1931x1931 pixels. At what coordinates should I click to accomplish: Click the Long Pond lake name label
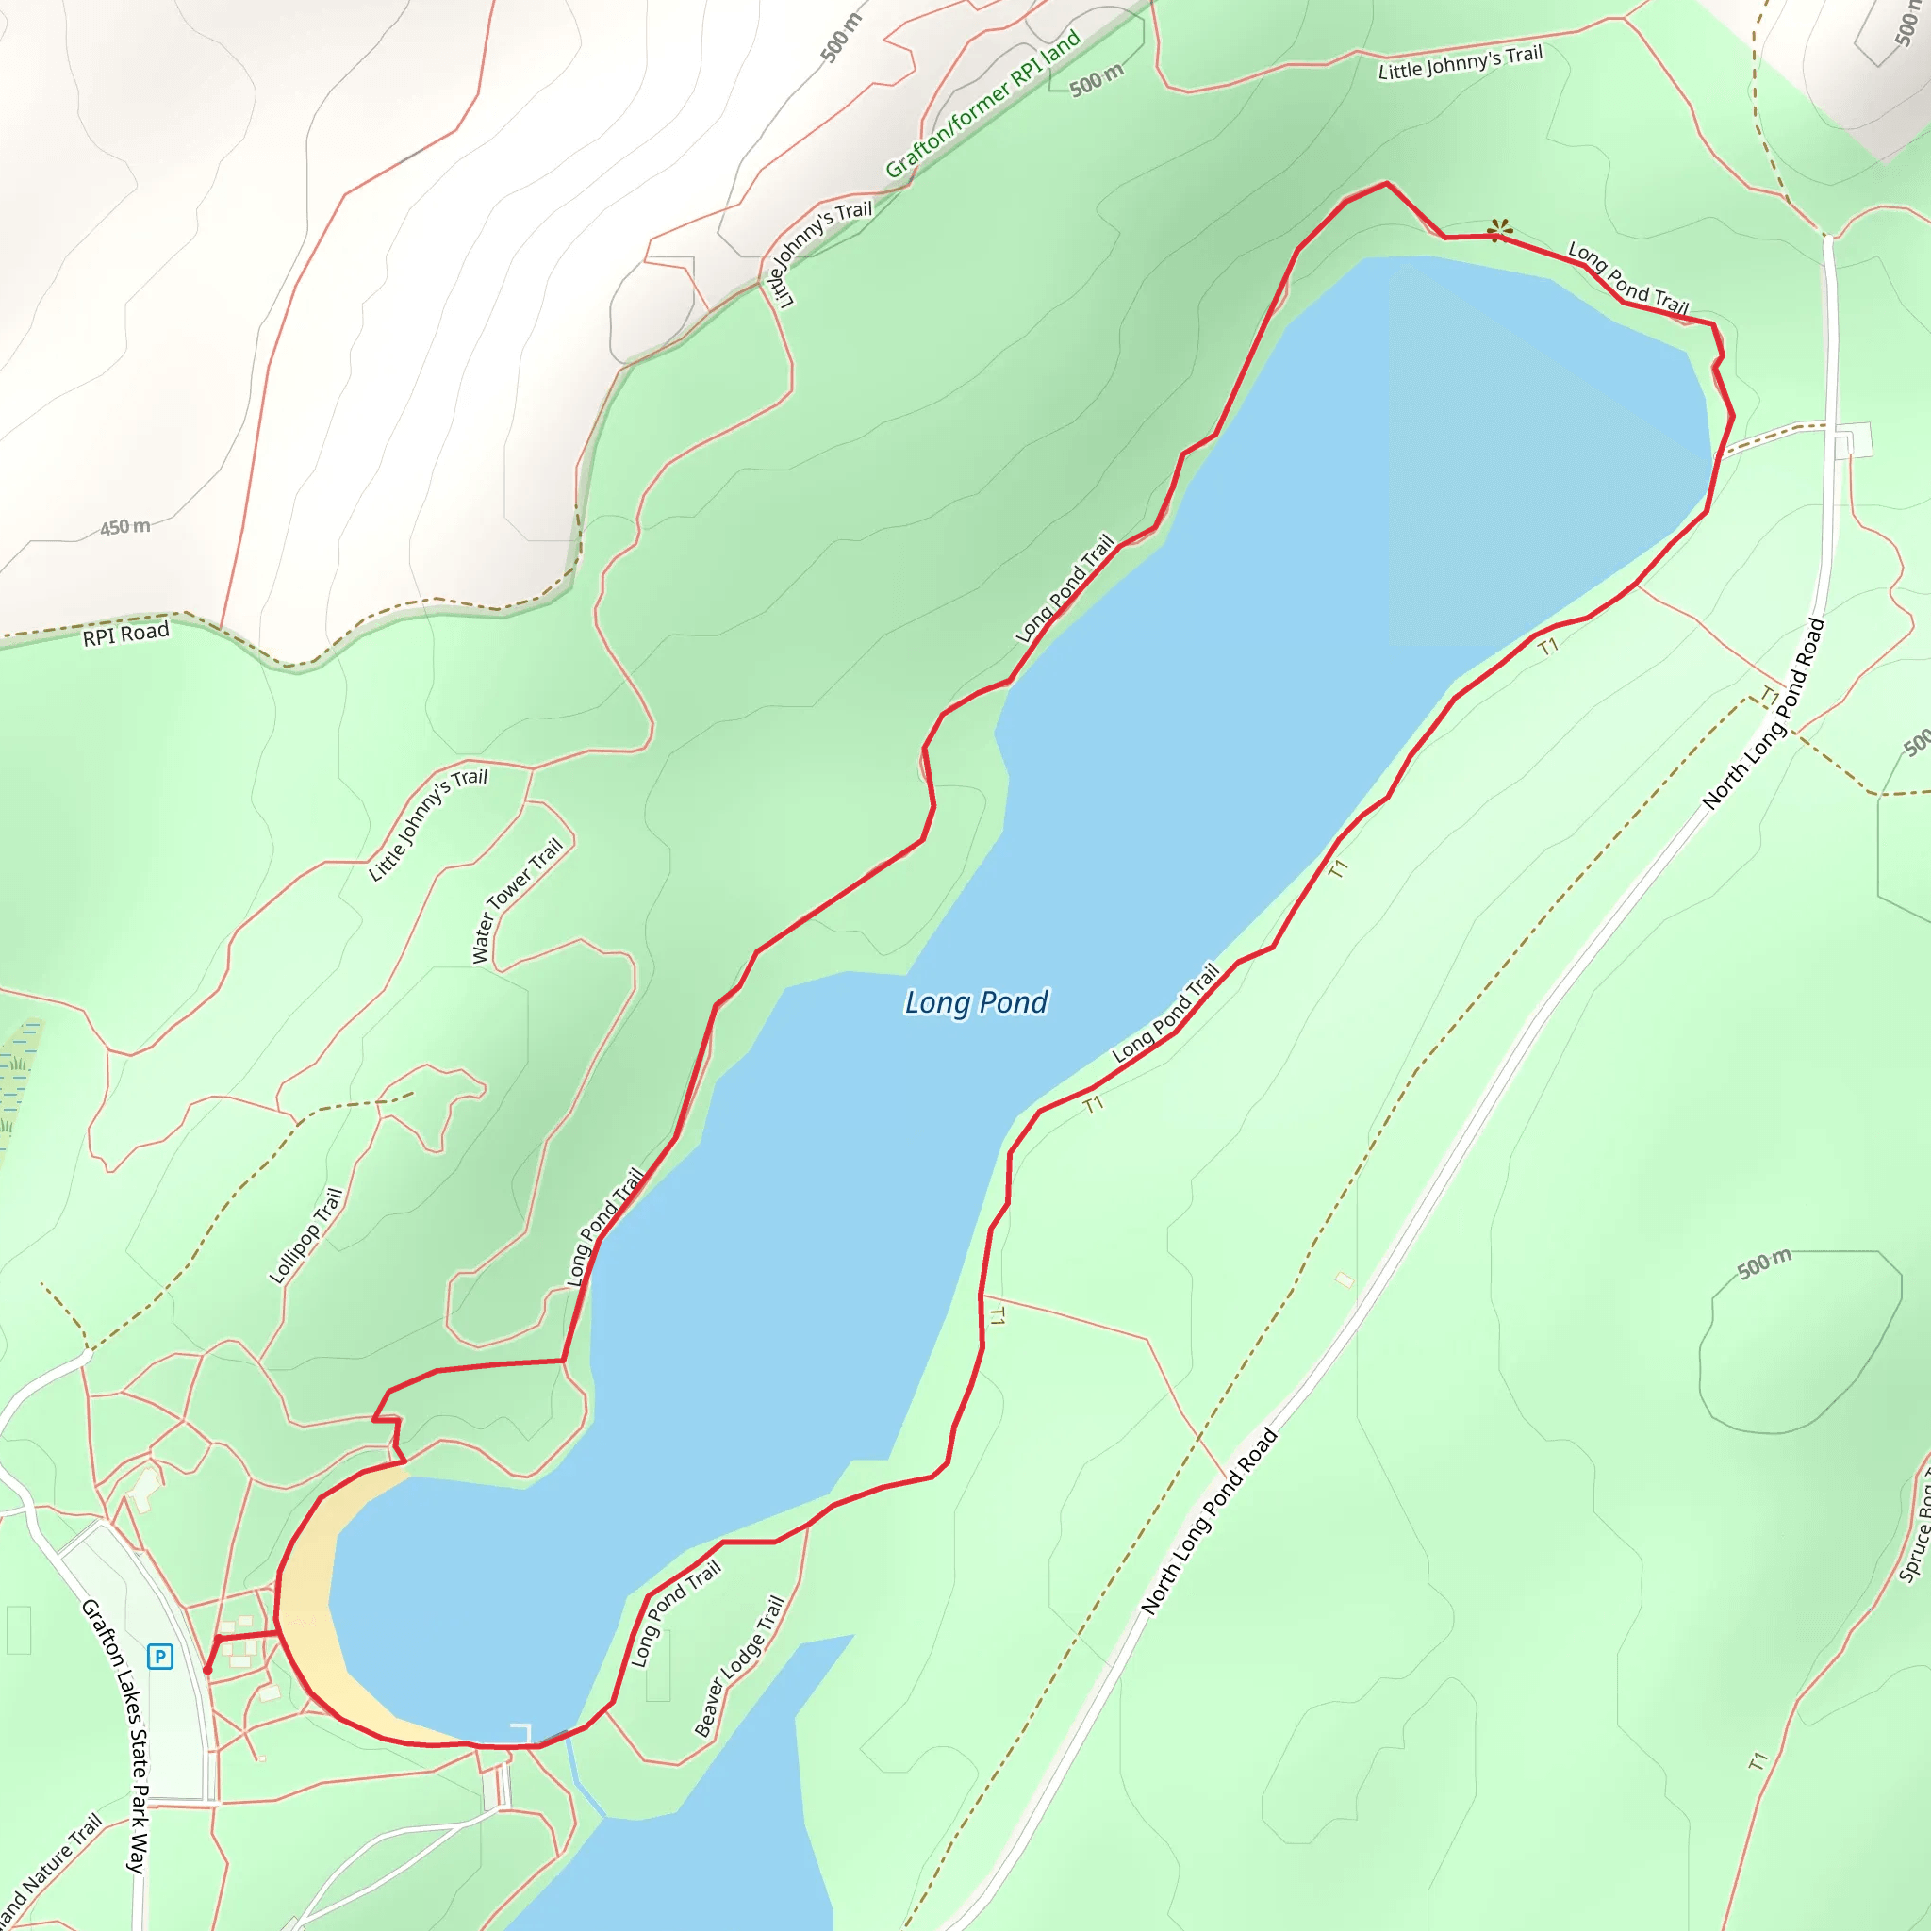click(976, 1002)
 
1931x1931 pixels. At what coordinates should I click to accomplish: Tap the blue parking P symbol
click(160, 1656)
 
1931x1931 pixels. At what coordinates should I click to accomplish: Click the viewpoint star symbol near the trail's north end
click(1499, 232)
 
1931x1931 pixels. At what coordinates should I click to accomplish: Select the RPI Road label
click(126, 634)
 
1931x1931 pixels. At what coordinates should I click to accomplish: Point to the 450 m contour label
click(125, 527)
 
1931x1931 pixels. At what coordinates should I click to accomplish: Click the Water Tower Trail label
click(517, 900)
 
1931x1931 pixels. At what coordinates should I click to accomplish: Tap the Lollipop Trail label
click(305, 1235)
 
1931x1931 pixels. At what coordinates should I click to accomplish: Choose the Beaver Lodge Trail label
click(738, 1666)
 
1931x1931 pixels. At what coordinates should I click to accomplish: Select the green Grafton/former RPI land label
click(982, 104)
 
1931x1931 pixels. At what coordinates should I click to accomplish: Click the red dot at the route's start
click(207, 1670)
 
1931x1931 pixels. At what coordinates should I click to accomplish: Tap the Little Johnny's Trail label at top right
click(1461, 62)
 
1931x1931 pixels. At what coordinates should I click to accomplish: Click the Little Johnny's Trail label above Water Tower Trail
click(428, 825)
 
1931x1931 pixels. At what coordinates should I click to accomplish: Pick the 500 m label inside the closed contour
click(1764, 1263)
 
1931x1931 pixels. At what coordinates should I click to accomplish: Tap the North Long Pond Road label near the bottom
click(1210, 1520)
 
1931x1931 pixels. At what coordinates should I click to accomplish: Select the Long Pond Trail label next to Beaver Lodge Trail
click(675, 1614)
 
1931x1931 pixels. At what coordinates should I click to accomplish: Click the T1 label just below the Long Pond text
click(1094, 1104)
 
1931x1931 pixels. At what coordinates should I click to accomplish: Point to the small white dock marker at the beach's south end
click(521, 1732)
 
